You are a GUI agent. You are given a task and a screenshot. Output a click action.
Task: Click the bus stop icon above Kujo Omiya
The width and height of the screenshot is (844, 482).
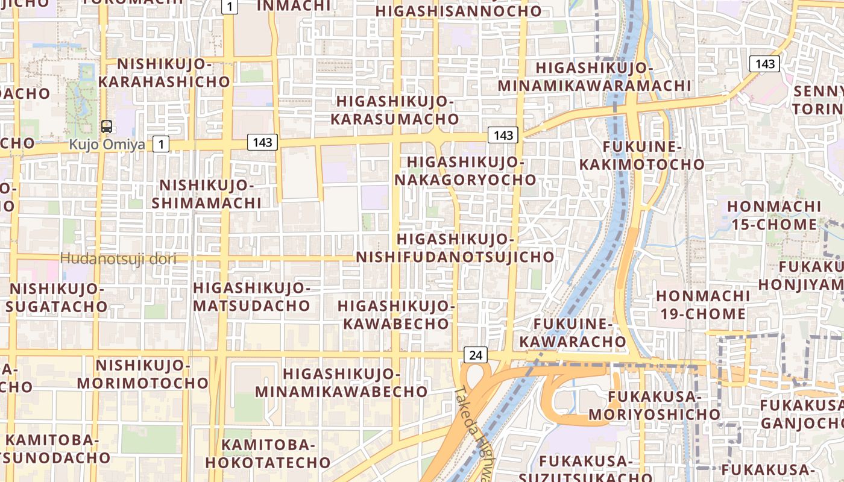click(x=107, y=127)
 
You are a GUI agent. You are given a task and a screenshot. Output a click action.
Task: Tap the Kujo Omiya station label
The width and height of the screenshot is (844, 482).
click(x=106, y=145)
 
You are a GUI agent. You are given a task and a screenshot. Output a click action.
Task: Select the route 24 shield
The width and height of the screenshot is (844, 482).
click(x=475, y=355)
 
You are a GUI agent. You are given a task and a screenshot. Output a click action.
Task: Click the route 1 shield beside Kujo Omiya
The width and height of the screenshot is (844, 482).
click(x=161, y=144)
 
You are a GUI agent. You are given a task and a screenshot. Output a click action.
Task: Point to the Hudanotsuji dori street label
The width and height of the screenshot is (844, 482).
click(x=118, y=259)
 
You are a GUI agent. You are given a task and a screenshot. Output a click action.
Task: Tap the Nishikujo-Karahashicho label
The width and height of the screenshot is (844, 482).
click(x=164, y=73)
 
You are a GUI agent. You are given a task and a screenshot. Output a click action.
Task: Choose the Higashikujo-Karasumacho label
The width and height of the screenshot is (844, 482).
click(x=394, y=110)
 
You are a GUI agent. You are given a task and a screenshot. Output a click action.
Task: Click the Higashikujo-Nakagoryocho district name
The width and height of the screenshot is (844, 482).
click(x=465, y=171)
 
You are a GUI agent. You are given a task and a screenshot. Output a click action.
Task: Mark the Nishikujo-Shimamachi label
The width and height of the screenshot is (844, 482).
click(x=206, y=194)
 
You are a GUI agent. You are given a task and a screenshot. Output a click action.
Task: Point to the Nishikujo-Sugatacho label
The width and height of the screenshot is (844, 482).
click(x=57, y=298)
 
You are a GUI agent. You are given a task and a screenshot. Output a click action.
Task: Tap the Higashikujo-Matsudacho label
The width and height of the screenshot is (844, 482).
click(x=251, y=296)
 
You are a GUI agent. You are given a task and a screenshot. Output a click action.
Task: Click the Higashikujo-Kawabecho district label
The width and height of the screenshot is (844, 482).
click(x=396, y=315)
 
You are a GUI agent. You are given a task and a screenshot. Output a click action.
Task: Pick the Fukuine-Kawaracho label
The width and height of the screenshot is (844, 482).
click(x=573, y=333)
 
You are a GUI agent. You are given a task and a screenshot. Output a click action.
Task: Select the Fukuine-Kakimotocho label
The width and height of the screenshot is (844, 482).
click(x=642, y=155)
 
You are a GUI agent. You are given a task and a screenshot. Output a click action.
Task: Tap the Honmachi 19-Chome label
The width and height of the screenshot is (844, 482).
click(x=702, y=305)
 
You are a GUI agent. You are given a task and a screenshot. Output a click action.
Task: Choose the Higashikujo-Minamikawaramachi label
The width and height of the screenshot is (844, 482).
click(x=594, y=77)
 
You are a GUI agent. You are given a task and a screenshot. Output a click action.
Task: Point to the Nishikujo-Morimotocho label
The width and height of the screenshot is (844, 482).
click(x=143, y=374)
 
